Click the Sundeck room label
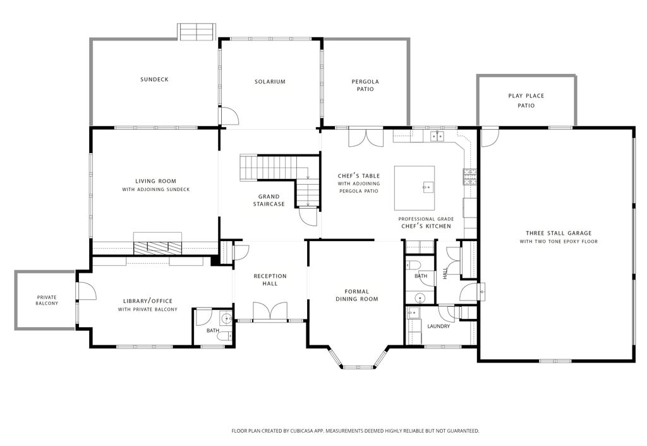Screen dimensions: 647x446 [154, 79]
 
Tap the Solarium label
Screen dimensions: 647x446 [270, 82]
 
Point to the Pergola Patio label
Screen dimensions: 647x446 [365, 85]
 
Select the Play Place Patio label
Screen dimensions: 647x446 [526, 101]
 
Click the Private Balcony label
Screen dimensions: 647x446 [47, 300]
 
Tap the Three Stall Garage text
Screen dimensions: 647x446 [559, 233]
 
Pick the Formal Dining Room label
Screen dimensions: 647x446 [356, 295]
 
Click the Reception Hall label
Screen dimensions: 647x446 [270, 280]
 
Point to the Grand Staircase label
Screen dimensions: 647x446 [269, 201]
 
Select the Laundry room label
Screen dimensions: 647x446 [438, 326]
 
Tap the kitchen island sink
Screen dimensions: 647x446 [427, 187]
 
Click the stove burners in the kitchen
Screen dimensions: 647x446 [469, 177]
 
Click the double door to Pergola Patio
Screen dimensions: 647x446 [366, 137]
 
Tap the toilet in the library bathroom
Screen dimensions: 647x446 [226, 336]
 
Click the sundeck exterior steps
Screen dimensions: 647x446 [197, 32]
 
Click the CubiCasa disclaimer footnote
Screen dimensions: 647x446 [355, 431]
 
